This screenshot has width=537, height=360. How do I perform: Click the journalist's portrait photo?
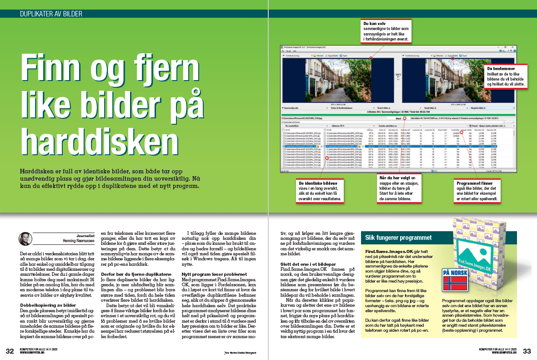(25, 238)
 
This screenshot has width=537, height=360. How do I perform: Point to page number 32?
(10, 351)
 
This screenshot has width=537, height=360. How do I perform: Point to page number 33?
(527, 351)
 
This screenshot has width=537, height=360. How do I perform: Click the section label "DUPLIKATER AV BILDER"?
(51, 14)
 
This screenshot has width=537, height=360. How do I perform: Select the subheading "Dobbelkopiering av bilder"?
(47, 304)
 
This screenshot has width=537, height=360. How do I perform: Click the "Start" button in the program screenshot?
(398, 118)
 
